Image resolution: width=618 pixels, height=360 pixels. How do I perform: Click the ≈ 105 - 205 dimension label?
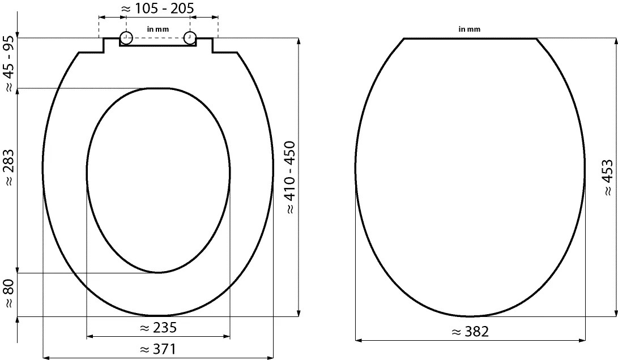(x=157, y=8)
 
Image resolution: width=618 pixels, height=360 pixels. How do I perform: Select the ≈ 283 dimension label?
(x=10, y=168)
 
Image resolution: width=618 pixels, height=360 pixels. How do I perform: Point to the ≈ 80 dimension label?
(x=10, y=293)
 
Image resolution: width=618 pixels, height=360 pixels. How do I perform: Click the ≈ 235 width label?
(x=159, y=328)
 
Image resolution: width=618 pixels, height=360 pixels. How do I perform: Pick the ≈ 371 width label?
(x=159, y=349)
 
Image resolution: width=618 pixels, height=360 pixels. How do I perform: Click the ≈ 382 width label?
(x=471, y=332)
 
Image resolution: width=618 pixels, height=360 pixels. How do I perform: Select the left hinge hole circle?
(x=126, y=38)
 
